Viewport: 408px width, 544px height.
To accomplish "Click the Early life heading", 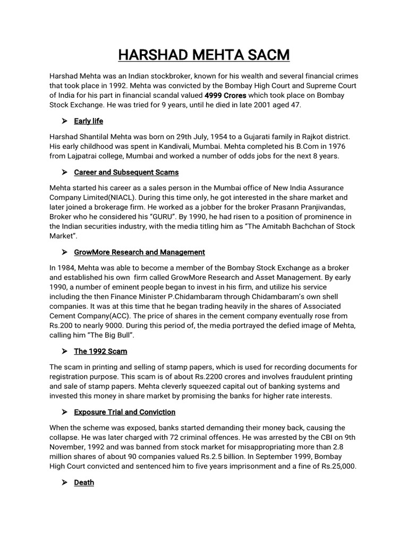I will click(x=89, y=121).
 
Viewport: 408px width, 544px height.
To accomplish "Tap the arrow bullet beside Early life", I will click(x=65, y=121).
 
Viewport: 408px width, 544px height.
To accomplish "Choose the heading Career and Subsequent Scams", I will click(x=126, y=172).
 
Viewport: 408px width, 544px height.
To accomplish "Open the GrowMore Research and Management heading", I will click(x=139, y=252).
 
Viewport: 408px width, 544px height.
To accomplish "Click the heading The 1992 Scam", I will click(x=100, y=351).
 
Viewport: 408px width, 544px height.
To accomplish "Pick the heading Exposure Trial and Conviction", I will click(x=124, y=412).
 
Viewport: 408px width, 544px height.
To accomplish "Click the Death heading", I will click(x=84, y=482).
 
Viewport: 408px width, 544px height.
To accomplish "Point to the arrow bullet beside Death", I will click(x=65, y=482).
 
